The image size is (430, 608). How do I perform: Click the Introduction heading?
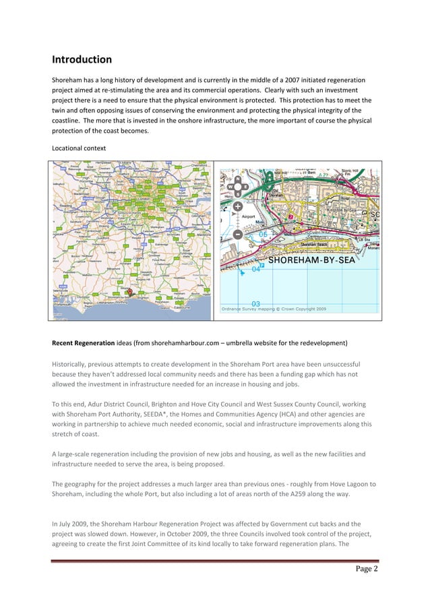coord(82,59)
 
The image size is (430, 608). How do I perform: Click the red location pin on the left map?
coord(129,293)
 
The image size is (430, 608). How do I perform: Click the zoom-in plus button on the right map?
coord(238,206)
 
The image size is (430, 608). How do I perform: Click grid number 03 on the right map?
coord(256,303)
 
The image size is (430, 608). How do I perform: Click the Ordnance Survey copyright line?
coord(274,309)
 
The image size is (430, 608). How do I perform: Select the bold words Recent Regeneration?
coord(83,342)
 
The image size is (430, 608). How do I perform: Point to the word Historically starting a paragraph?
coord(72,364)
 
